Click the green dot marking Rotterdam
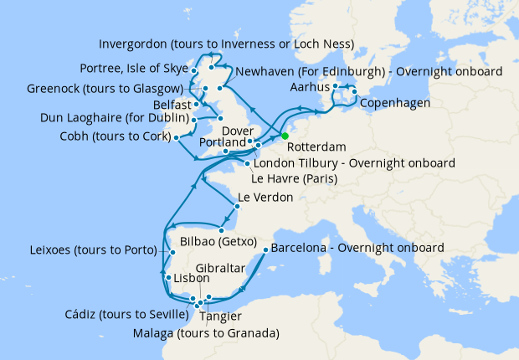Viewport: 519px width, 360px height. point(285,136)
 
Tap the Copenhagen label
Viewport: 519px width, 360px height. point(395,103)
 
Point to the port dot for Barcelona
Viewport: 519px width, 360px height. point(265,249)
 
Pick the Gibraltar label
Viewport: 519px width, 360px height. point(226,268)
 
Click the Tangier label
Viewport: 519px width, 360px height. point(222,316)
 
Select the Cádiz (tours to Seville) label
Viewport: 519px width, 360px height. point(125,315)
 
